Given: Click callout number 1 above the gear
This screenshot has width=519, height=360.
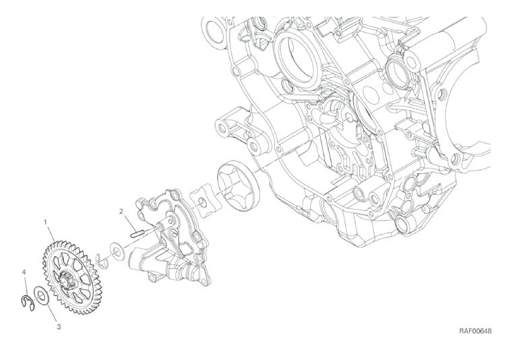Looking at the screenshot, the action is click(46, 221).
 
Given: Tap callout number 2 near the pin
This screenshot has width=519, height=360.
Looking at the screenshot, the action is click(121, 211).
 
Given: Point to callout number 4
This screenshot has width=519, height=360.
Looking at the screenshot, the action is click(24, 272).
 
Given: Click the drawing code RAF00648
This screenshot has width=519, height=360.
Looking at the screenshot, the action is click(475, 331).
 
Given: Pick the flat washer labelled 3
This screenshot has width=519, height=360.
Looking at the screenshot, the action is click(42, 294).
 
